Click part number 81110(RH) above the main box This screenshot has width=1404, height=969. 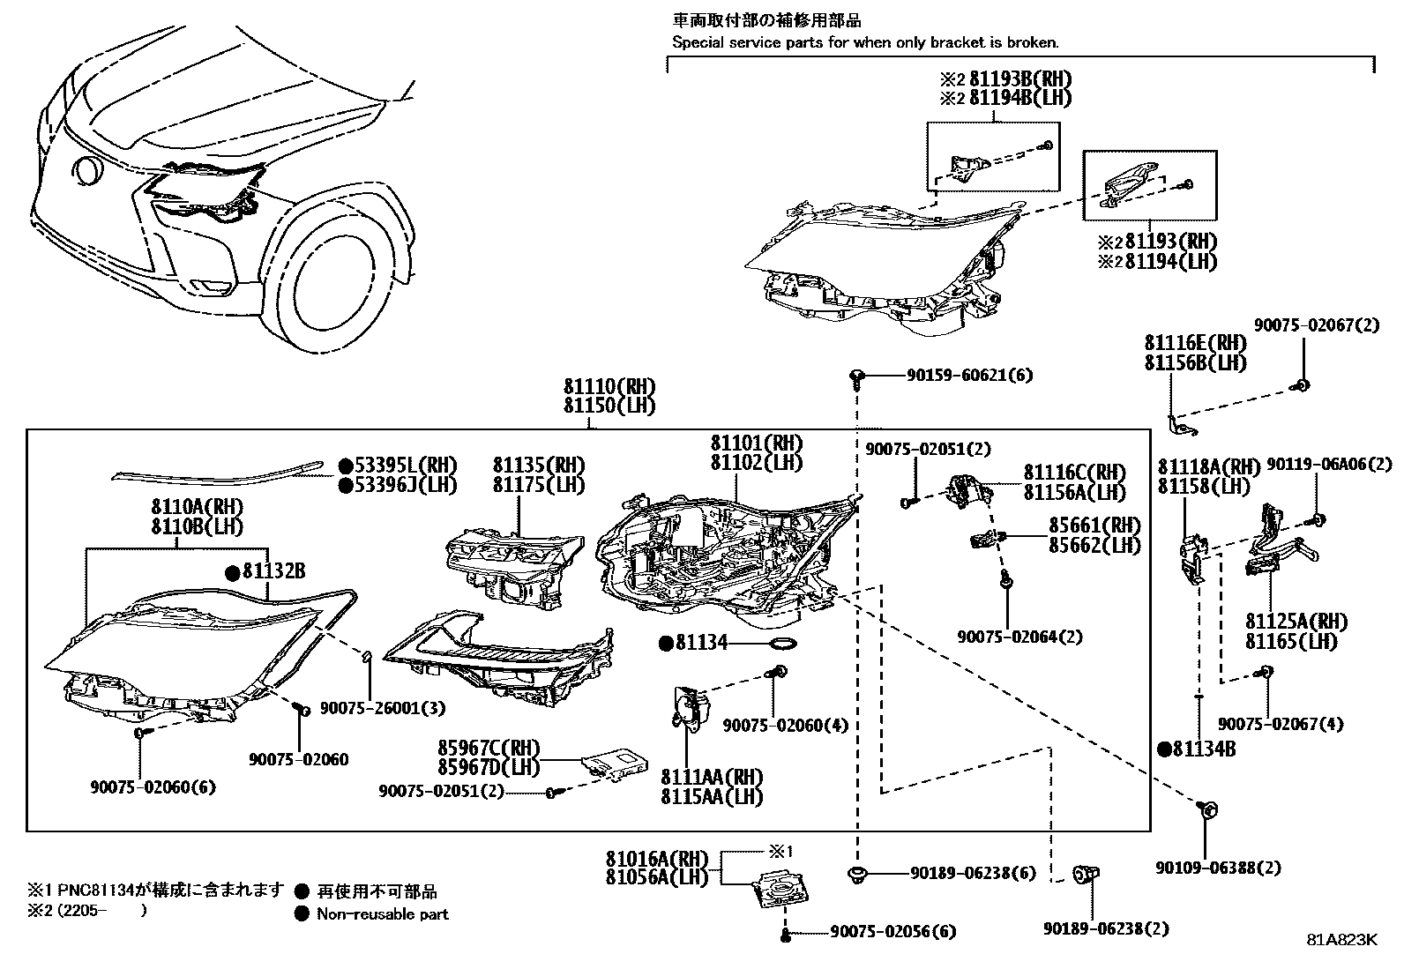[x=609, y=387]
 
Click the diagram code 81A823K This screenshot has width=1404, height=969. [x=1341, y=939]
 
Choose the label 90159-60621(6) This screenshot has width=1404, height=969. [x=968, y=375]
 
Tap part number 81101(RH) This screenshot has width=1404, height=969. [x=757, y=443]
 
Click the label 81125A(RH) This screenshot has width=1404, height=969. [x=1296, y=622]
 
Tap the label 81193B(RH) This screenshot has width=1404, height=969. [x=1019, y=78]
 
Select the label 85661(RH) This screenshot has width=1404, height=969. [x=1094, y=525]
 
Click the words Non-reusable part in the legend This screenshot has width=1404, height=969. [x=383, y=914]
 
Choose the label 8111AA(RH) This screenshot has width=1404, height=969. [x=712, y=777]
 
